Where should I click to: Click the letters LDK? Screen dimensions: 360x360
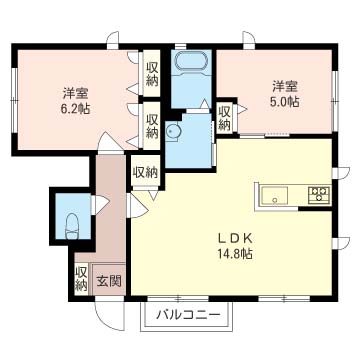[238, 238]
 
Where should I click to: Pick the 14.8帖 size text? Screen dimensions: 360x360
[237, 254]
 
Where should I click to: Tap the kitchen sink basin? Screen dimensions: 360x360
[274, 195]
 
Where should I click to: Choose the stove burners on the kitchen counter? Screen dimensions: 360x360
[320, 193]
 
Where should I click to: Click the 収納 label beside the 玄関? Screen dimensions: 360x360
[80, 278]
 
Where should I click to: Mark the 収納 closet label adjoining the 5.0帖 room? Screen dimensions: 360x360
[225, 118]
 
